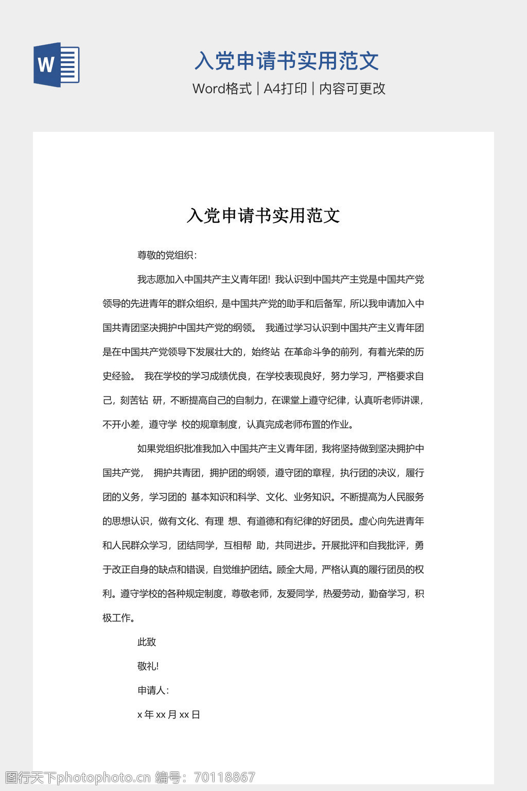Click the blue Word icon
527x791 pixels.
coord(57,65)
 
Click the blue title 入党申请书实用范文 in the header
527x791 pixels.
coord(287,61)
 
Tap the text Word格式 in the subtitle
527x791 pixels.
coord(222,89)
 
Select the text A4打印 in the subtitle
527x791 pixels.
coord(285,89)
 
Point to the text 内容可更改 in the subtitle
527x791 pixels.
coord(352,89)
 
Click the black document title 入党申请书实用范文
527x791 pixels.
coord(263,215)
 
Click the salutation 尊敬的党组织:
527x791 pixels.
coord(167,255)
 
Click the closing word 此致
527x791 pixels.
coord(147,642)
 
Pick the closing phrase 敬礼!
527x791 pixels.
coord(148,666)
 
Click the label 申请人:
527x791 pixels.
coord(153,691)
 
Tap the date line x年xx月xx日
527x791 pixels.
coord(169,715)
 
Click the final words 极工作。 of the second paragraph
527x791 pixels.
coord(119,618)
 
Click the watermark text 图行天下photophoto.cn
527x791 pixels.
coord(77,778)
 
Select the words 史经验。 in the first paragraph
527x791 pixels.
coord(119,376)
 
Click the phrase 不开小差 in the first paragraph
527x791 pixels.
coord(121,425)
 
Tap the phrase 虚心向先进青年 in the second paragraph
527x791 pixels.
coord(391,522)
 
